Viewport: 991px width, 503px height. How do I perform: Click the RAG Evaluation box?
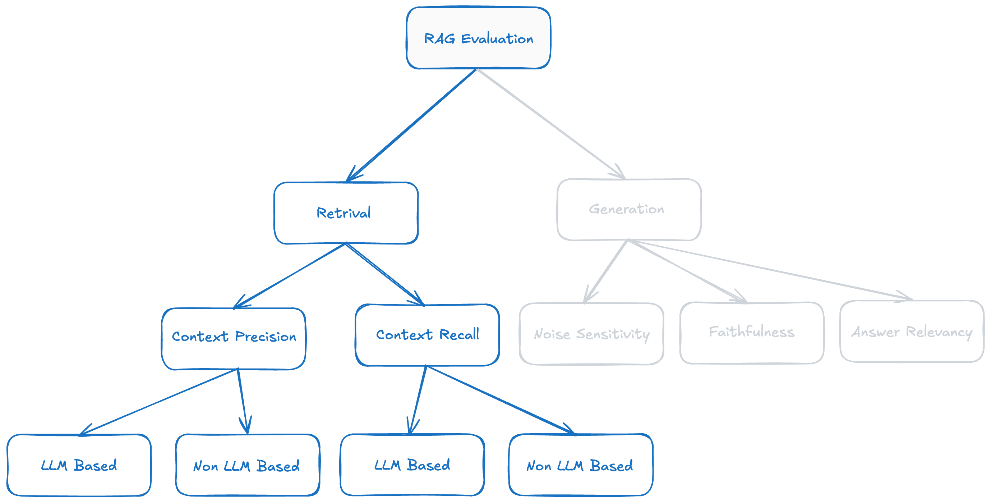(478, 38)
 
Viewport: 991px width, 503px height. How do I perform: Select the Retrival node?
(346, 213)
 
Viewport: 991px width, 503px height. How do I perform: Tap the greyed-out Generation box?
(629, 209)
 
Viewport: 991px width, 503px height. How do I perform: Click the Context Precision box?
(234, 339)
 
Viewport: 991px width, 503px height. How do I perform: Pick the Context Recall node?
(427, 335)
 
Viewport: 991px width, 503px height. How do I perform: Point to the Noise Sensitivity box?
(591, 334)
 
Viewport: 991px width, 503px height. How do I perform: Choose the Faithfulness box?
(752, 333)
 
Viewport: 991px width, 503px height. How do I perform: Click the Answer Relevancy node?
(912, 331)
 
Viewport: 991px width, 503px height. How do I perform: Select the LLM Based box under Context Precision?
(79, 465)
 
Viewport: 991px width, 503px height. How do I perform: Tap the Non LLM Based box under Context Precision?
(247, 465)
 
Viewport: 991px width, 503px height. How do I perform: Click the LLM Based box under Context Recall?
(412, 465)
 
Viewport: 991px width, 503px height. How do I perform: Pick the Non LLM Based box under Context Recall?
(581, 465)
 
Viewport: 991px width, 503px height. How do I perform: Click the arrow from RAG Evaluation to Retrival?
(411, 125)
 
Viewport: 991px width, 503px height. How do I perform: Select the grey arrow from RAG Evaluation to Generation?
(551, 124)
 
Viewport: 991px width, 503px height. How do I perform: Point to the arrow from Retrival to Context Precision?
(290, 275)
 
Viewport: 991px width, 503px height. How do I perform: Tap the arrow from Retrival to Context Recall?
(385, 274)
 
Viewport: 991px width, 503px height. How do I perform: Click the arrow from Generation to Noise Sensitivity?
(606, 271)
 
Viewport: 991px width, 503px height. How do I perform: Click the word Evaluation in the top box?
(497, 38)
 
